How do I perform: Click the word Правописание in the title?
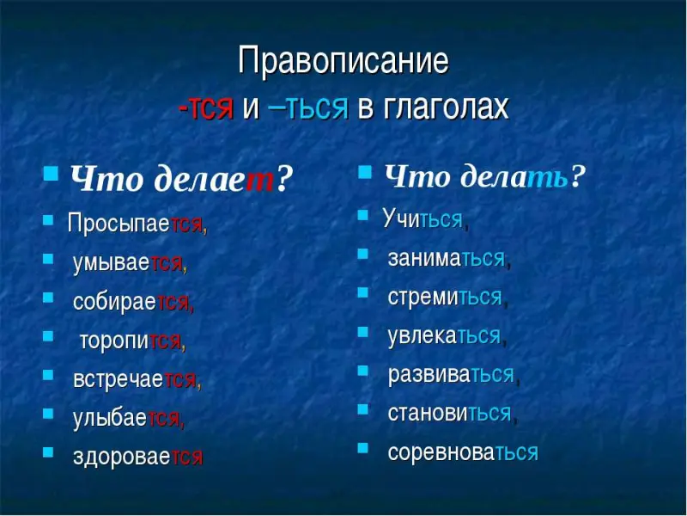coord(343,61)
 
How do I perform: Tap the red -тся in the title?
coord(206,107)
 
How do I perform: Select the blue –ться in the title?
coord(308,107)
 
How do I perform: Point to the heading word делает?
coord(216,180)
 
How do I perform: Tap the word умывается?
coord(130,263)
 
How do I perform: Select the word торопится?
coord(132,341)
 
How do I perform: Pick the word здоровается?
coord(138,457)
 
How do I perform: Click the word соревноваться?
coord(463,452)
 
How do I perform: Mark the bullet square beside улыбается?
coord(48,414)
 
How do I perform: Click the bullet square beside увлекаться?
coord(362,332)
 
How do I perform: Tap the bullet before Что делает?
coord(51,173)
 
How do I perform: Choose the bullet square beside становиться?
coord(362,409)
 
